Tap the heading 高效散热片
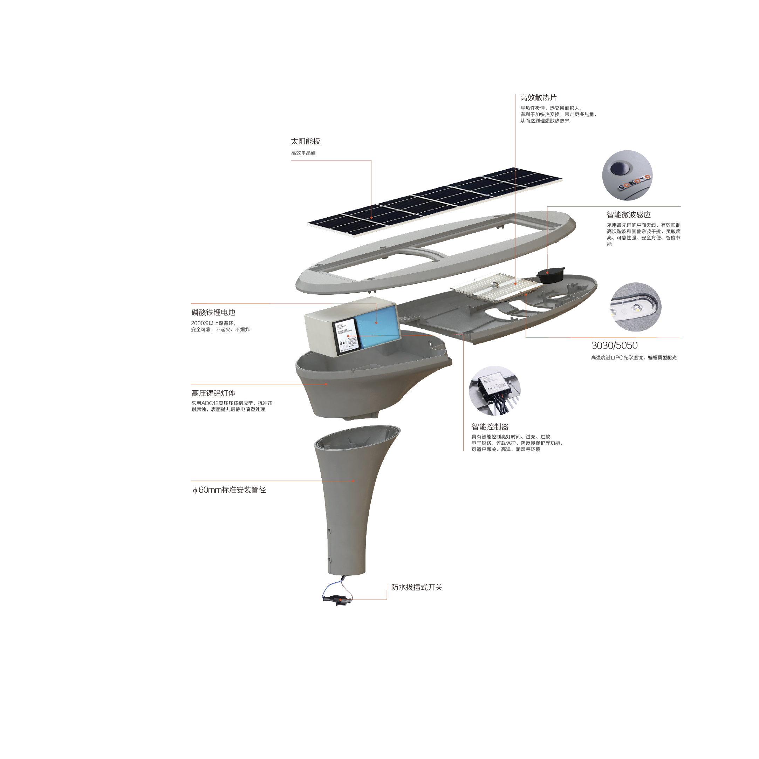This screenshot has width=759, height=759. [x=538, y=98]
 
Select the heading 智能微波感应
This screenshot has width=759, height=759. [x=628, y=215]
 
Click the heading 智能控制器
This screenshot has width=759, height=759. [x=490, y=427]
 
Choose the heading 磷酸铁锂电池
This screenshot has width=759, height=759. [x=213, y=313]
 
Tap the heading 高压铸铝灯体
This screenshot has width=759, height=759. [x=213, y=393]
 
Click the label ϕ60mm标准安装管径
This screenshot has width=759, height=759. [x=230, y=490]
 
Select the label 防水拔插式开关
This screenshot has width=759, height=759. [x=416, y=587]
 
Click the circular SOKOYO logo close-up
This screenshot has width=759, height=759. [x=627, y=175]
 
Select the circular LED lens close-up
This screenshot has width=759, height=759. [x=636, y=307]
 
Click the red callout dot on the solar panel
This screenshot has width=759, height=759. [x=371, y=217]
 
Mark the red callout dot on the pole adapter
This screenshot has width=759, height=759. [x=354, y=480]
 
